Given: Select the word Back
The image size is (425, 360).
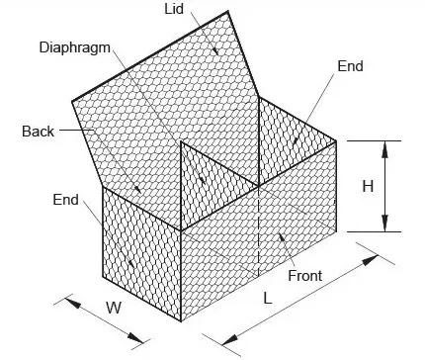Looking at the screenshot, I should coord(37,131).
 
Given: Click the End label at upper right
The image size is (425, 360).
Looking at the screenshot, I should coord(351,66).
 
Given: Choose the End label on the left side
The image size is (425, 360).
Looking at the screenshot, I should coord(65,200).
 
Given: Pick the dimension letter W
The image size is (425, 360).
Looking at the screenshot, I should coord(115,308).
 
